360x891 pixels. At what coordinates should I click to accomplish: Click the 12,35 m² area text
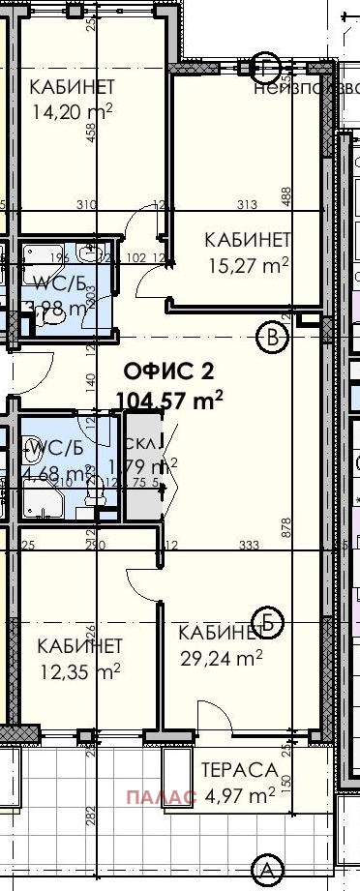pos(78,670)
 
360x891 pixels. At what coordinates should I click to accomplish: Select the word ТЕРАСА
pos(239,771)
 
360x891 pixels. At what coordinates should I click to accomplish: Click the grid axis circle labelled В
pos(274,337)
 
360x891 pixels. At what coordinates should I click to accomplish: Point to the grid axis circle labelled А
pos(263,867)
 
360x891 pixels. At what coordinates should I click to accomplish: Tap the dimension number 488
pos(285,196)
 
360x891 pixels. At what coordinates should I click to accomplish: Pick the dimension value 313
pos(245,205)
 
